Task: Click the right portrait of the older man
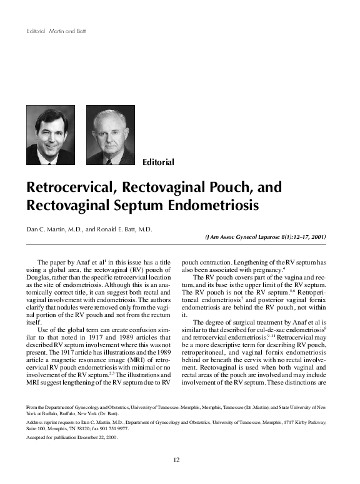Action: pos(110,135)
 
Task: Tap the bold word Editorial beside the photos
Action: pos(158,163)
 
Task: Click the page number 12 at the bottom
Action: pos(176,460)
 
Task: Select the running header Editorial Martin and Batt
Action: pos(56,31)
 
